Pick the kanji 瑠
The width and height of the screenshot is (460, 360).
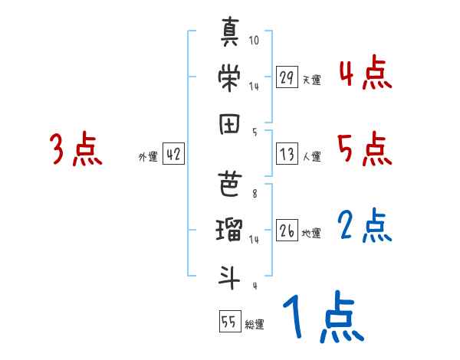pyautogui.click(x=230, y=229)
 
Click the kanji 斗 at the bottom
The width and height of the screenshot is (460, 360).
pyautogui.click(x=230, y=275)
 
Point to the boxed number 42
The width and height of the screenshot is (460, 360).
pyautogui.click(x=173, y=154)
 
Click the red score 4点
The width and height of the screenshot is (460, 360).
pyautogui.click(x=365, y=75)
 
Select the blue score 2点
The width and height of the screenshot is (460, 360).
pyautogui.click(x=365, y=226)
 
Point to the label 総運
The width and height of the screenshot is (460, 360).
pyautogui.click(x=255, y=325)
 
